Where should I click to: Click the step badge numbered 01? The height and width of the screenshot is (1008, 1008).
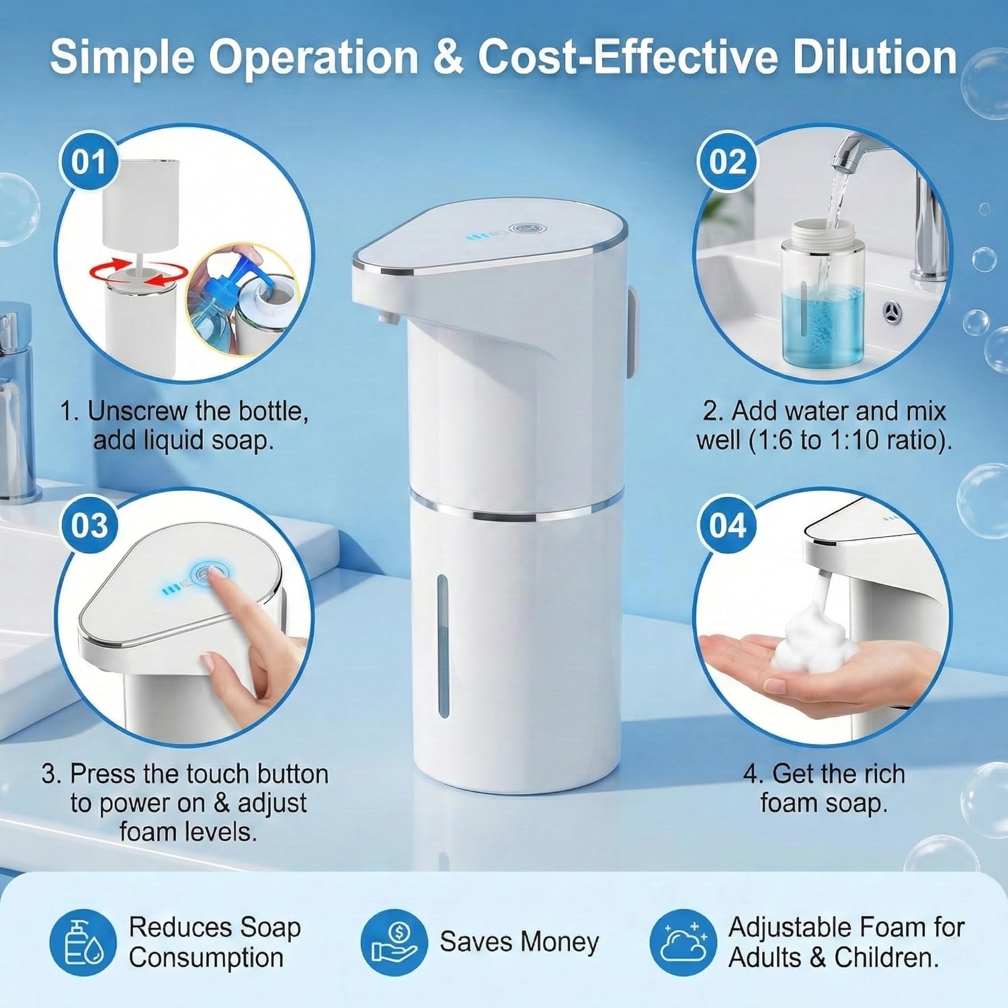click(89, 163)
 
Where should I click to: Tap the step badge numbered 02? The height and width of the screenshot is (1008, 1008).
click(728, 163)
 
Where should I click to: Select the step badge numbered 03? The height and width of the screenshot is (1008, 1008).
click(89, 526)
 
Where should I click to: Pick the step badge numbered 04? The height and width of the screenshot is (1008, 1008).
click(728, 526)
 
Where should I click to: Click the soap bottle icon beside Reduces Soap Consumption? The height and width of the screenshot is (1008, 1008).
click(82, 942)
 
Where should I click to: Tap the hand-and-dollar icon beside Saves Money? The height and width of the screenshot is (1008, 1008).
click(394, 942)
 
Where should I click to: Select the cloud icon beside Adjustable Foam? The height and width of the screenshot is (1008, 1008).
click(683, 942)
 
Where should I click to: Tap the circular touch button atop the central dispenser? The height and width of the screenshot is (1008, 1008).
click(521, 230)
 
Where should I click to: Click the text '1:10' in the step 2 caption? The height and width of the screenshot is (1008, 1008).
click(854, 440)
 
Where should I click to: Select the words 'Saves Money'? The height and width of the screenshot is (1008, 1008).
click(519, 942)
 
